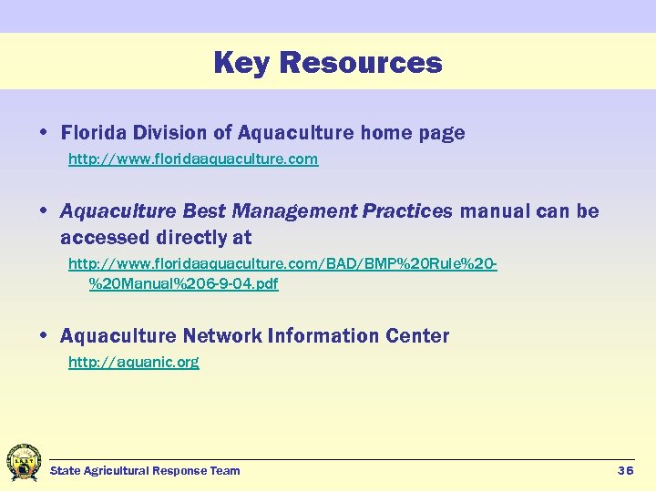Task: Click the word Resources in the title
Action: point(361,63)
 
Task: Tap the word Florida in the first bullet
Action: point(96,133)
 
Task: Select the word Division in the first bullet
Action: point(173,133)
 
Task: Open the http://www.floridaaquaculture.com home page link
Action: point(193,159)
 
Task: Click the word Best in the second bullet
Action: point(204,211)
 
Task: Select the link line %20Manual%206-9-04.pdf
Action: point(183,283)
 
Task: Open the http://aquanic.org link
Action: point(134,363)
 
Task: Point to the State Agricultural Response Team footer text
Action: point(145,471)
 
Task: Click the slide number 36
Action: point(625,471)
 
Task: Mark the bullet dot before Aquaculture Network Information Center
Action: point(45,336)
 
